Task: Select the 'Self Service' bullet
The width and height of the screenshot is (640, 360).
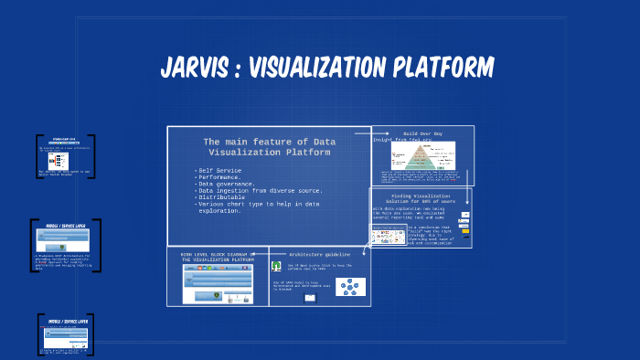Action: coord(220,170)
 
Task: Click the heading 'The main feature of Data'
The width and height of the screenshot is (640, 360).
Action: coord(269,142)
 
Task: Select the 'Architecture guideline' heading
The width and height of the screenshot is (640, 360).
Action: coord(320,254)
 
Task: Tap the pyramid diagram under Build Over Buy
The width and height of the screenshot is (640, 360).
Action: coord(421,157)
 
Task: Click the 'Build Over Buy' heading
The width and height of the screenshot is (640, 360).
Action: coord(422,133)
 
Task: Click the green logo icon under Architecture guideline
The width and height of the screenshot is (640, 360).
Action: coord(276,267)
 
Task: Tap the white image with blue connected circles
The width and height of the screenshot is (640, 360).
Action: coord(350,287)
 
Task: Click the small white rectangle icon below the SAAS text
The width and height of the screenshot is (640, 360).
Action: coord(309,298)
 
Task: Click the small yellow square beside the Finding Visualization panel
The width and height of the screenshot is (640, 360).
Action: coord(465,231)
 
